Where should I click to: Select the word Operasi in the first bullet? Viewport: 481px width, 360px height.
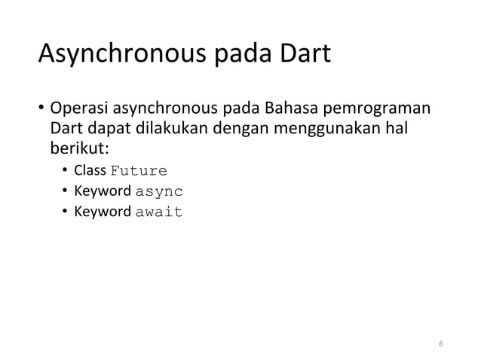pos(79,106)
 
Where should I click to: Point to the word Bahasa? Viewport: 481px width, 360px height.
pos(287,106)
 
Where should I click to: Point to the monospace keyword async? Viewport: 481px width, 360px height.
pos(158,191)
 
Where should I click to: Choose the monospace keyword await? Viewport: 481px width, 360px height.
pos(158,212)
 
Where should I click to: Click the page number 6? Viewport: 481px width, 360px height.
pos(441,344)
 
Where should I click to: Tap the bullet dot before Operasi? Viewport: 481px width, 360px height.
pos(42,107)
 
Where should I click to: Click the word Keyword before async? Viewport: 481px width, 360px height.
pos(102,191)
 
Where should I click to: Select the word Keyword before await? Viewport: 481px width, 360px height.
pos(102,212)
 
